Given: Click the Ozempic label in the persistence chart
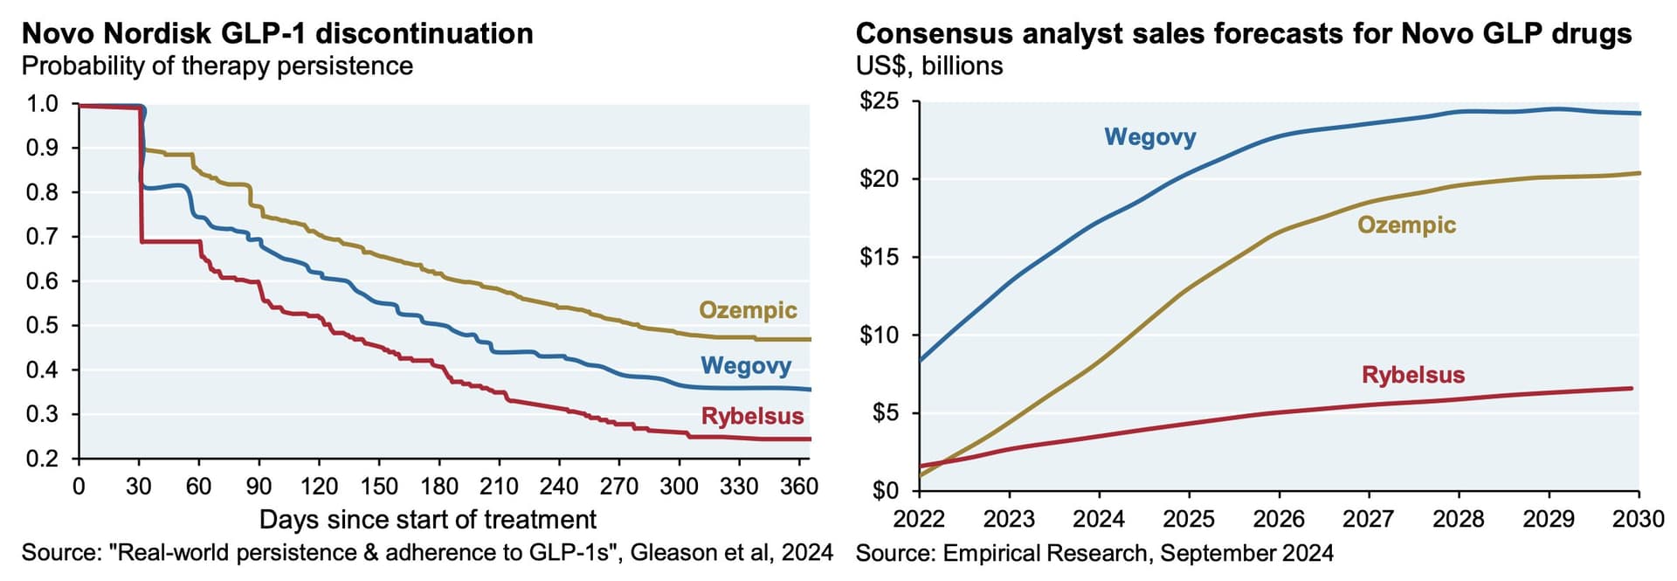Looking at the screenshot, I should point(748,310).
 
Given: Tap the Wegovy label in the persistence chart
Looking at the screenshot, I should point(745,365).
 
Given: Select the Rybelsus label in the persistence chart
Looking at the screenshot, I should point(752,416).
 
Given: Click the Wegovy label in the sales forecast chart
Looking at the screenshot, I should point(1149,137).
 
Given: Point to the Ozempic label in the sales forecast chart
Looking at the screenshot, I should point(1406,225).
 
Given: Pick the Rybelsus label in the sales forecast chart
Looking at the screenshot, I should point(1412,375).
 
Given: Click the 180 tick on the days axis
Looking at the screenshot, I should point(438,487).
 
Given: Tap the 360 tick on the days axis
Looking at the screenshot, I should point(798,487).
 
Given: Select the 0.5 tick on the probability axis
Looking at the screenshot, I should point(42,326).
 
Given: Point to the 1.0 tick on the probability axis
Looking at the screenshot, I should point(42,104).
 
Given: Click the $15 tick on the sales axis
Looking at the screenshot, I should point(879,258).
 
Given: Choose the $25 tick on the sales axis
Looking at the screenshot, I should point(879,101).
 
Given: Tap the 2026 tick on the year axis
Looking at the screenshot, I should point(1279,520).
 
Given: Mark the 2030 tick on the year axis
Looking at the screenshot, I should point(1638,520).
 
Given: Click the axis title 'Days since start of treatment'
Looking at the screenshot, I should point(428,520).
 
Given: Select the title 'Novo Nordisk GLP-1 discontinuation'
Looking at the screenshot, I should point(278,33).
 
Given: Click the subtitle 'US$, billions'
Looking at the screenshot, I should point(929,66).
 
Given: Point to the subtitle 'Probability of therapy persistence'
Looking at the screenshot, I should point(217,66).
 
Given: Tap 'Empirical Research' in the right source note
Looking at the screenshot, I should point(1045,553).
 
